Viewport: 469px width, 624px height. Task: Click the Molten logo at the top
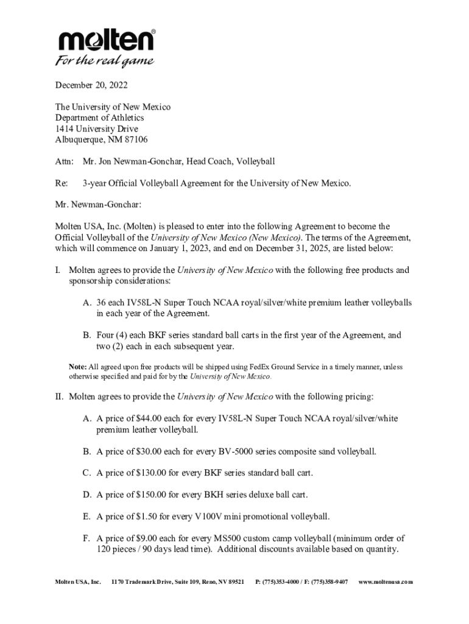click(x=106, y=41)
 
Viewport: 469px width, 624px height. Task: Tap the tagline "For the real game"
click(x=105, y=62)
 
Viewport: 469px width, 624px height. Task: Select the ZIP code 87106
click(x=135, y=140)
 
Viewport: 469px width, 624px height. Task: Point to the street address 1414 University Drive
click(x=96, y=129)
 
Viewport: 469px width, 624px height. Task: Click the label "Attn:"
click(x=64, y=161)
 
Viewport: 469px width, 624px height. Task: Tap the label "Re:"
click(x=62, y=183)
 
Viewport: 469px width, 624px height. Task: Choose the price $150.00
click(x=150, y=495)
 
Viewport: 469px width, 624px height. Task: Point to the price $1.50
click(x=146, y=517)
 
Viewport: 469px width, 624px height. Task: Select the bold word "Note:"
click(x=78, y=367)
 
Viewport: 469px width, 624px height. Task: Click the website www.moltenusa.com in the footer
click(x=386, y=582)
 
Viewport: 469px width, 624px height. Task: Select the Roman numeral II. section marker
click(x=59, y=397)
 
